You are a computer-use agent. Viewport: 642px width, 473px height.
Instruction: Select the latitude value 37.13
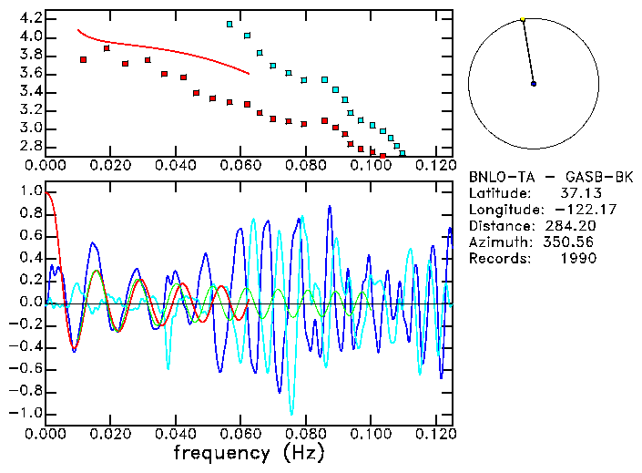(577, 192)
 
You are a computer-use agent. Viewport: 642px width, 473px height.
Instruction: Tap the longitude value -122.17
(571, 209)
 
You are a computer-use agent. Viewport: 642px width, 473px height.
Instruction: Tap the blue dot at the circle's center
(534, 84)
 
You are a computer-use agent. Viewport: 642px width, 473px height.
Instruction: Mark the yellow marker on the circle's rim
(523, 19)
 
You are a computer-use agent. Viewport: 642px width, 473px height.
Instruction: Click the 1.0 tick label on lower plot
(31, 191)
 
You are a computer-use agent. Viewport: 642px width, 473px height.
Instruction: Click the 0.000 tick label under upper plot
(46, 165)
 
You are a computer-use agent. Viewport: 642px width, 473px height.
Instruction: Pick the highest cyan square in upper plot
(229, 24)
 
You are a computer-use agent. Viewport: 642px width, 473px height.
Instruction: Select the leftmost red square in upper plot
(84, 59)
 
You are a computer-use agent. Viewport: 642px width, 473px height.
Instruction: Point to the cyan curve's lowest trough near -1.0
(292, 413)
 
